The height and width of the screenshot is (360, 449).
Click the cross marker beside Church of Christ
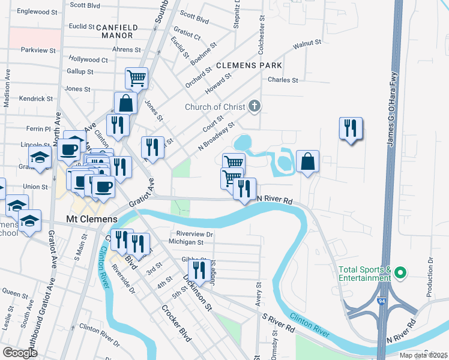pos(255,107)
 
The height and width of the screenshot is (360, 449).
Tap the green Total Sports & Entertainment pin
pos(400,274)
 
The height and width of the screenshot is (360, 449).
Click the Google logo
pos(20,353)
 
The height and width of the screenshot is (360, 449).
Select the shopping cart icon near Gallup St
pos(137,77)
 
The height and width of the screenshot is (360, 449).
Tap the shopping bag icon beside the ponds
pos(307,161)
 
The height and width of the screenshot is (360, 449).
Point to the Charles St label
pos(283,80)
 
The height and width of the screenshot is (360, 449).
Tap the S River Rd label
pos(277,322)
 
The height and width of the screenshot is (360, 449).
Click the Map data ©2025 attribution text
pos(423,355)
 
